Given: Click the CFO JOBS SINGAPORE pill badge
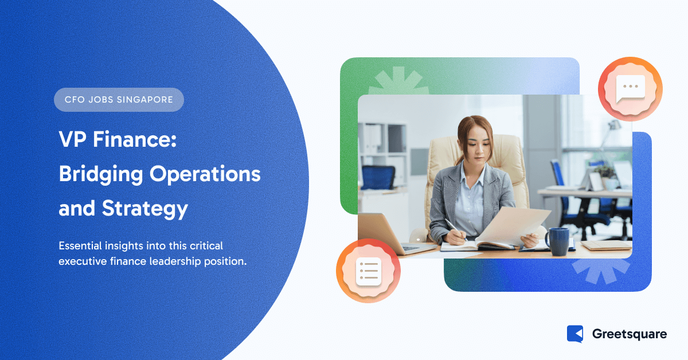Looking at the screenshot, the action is [x=119, y=100].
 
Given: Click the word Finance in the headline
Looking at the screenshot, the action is [x=135, y=139].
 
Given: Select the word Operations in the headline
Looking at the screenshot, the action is [x=205, y=174].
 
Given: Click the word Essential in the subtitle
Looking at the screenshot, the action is [x=80, y=246].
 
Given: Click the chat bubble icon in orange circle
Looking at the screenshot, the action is [x=630, y=89].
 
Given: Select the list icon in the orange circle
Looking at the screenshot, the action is [x=369, y=271].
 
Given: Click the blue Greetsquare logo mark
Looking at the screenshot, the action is [x=575, y=334].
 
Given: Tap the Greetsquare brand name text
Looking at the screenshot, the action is [x=630, y=334].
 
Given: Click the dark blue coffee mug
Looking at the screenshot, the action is [x=558, y=241].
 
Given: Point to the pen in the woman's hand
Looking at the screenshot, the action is [x=456, y=229].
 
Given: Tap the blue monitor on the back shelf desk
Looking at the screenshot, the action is [x=378, y=177].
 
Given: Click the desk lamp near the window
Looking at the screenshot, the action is [x=611, y=131].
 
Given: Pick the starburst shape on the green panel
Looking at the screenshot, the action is [x=398, y=81].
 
